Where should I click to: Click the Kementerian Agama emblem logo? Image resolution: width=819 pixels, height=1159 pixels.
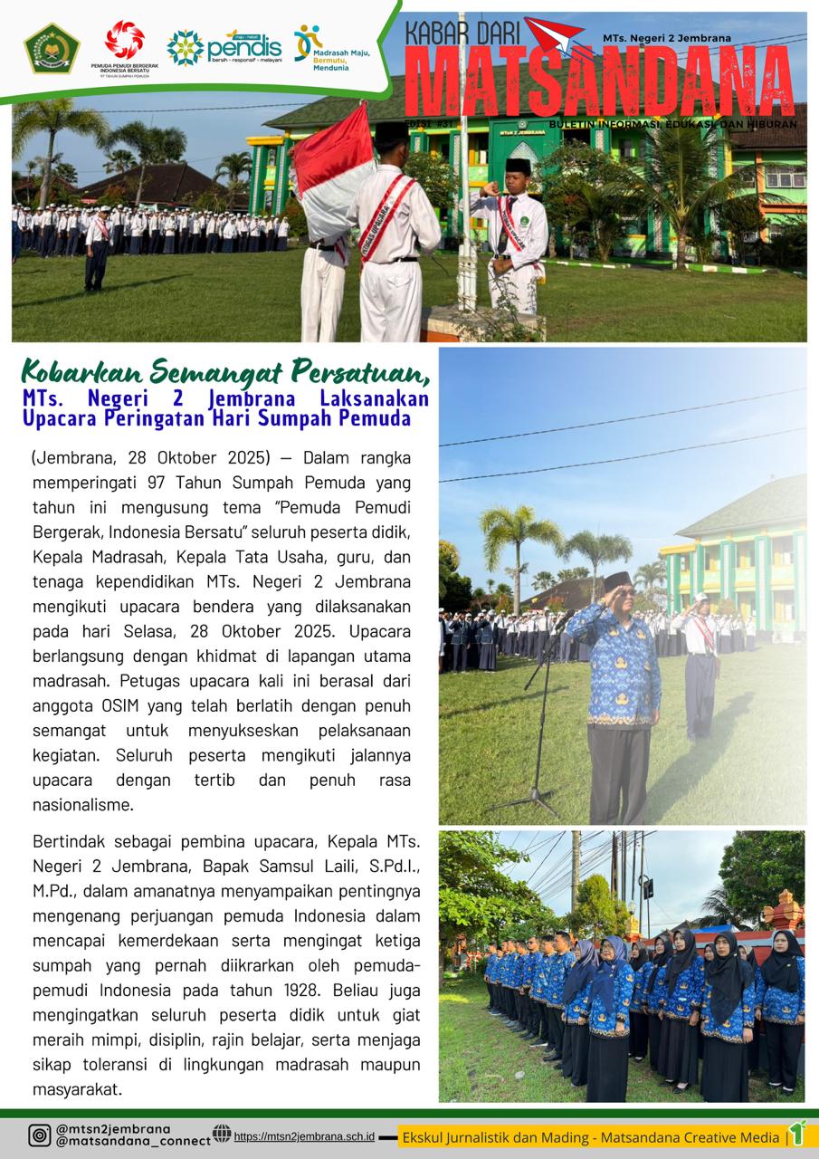(x=52, y=48)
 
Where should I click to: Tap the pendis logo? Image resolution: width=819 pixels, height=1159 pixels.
(x=224, y=47)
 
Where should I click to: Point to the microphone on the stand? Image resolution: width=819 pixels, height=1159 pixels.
(x=564, y=621)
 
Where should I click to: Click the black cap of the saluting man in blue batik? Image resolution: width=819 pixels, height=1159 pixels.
(x=618, y=580)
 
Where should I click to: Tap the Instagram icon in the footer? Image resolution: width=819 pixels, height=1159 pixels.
(x=39, y=1135)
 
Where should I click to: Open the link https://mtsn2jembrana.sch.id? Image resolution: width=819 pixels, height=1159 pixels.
(x=304, y=1135)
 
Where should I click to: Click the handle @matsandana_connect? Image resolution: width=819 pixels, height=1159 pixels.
(x=132, y=1142)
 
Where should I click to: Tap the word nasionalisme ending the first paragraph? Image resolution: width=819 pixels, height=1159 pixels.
(x=82, y=803)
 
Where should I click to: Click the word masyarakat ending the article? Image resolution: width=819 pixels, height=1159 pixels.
(x=77, y=1089)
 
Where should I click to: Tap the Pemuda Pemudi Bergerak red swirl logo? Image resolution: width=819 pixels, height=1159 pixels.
(x=125, y=41)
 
